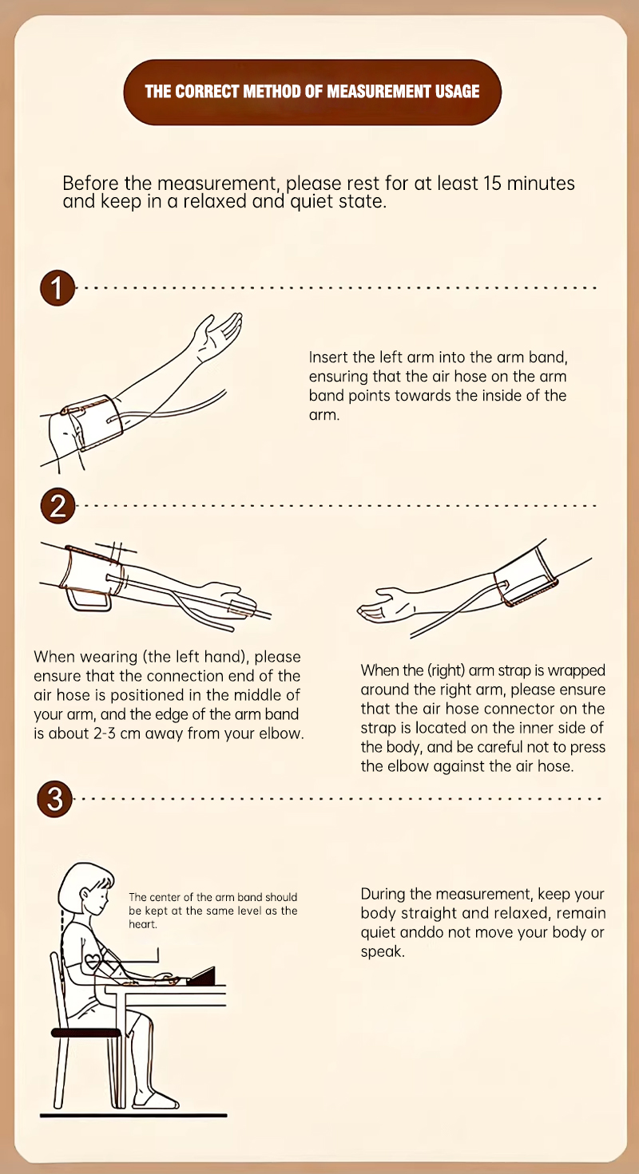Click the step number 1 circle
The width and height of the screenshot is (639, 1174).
tap(58, 288)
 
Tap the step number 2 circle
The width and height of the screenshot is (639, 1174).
tap(58, 506)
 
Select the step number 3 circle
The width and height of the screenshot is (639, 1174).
tap(54, 799)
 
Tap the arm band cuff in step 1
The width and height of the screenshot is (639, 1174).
tap(91, 422)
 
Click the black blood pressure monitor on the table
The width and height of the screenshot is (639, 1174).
tap(201, 976)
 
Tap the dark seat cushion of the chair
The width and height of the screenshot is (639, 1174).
tap(86, 1033)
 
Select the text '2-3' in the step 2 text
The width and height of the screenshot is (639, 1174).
tap(105, 733)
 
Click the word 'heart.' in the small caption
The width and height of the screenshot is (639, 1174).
tap(143, 924)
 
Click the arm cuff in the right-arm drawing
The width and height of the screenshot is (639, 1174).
tap(525, 576)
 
